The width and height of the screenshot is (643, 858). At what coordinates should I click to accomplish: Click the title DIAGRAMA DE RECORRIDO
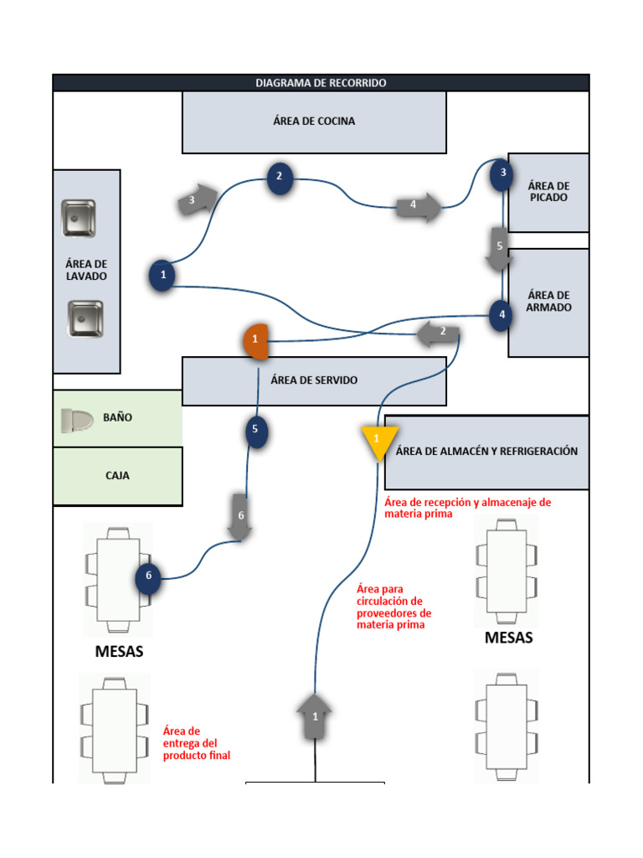click(x=321, y=83)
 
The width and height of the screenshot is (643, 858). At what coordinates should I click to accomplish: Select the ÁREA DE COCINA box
click(x=314, y=121)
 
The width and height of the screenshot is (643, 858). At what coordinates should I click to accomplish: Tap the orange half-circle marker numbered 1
click(x=256, y=339)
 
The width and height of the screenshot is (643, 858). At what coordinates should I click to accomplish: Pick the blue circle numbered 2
click(x=280, y=177)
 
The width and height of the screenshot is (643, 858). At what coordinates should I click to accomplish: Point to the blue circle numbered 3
click(x=502, y=173)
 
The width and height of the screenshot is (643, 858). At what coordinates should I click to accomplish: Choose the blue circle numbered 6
click(x=148, y=576)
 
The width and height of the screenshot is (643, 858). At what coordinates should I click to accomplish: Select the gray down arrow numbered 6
click(x=241, y=517)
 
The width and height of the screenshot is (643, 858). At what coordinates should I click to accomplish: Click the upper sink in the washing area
click(x=79, y=218)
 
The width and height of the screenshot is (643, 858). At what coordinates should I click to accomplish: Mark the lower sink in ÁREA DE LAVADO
click(x=85, y=319)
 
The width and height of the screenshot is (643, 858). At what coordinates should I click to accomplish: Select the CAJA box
click(x=117, y=476)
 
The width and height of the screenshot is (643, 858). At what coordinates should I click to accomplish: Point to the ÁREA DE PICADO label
click(x=548, y=192)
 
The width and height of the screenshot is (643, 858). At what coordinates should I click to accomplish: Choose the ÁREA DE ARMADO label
click(x=549, y=302)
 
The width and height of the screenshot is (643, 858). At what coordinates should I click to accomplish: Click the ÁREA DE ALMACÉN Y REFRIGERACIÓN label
click(x=486, y=452)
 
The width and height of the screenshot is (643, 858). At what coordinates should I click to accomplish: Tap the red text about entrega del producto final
click(x=197, y=743)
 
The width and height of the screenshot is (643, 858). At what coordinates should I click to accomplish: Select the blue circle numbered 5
click(x=257, y=432)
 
